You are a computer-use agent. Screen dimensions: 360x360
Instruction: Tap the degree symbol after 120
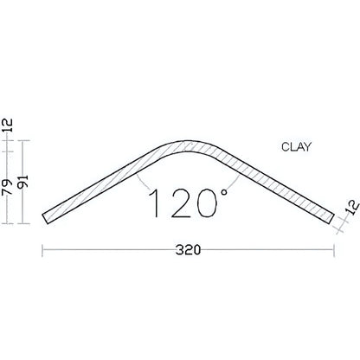[x=220, y=191]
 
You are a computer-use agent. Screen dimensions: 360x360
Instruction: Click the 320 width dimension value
[x=189, y=251]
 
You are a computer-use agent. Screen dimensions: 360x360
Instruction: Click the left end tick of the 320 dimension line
[x=43, y=251]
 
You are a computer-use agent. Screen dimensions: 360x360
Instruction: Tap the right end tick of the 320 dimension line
[x=334, y=251]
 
